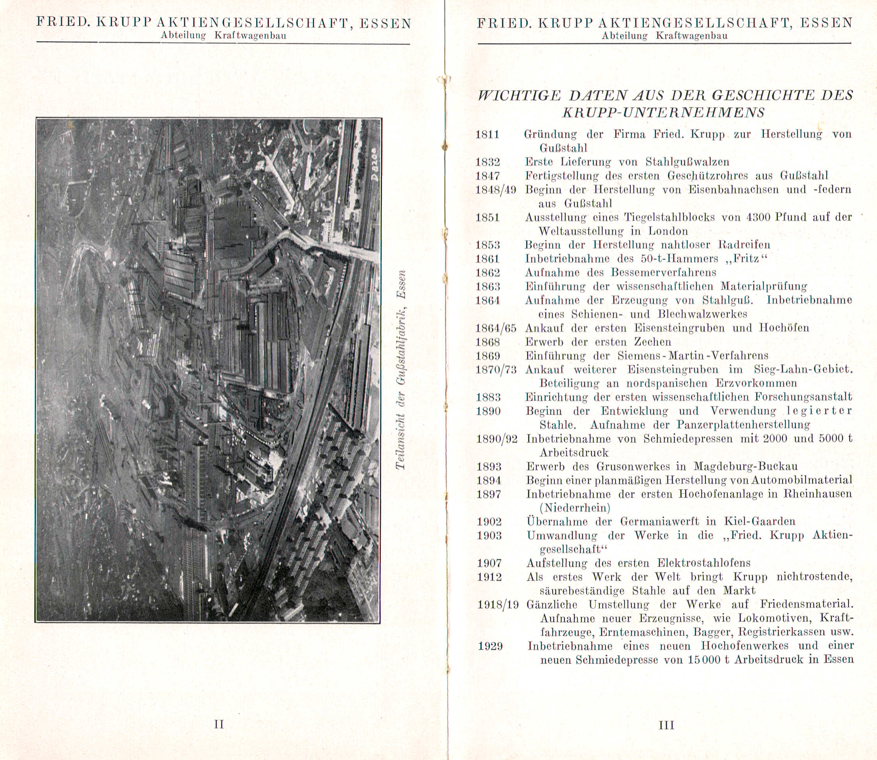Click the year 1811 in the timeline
487,135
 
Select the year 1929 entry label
490,646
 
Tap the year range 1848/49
496,189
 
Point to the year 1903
489,536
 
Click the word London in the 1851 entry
668,231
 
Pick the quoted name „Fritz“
750,259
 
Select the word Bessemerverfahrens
663,272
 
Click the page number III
666,725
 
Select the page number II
219,724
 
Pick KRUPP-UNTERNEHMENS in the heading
663,113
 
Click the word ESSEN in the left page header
385,23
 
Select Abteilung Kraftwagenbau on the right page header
665,36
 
